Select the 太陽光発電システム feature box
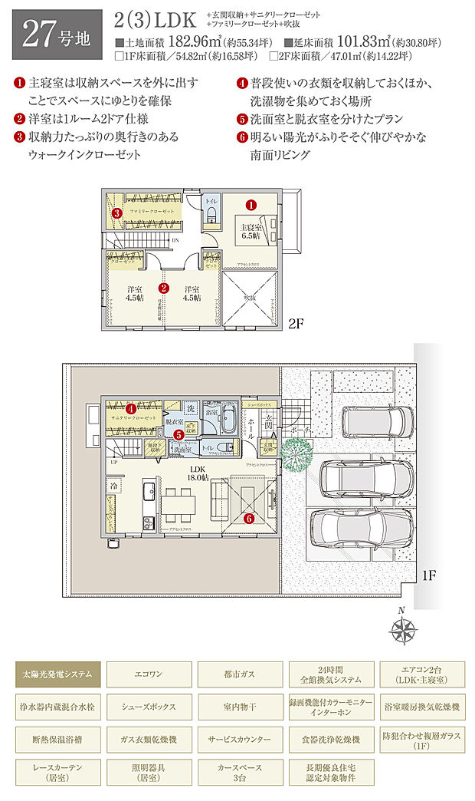coord(57,676)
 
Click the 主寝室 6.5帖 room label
coord(250,231)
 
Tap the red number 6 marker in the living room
coord(248,518)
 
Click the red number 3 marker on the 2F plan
coord(116,213)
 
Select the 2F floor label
coord(297,323)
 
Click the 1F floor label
coord(426,574)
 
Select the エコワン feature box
coord(148,676)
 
